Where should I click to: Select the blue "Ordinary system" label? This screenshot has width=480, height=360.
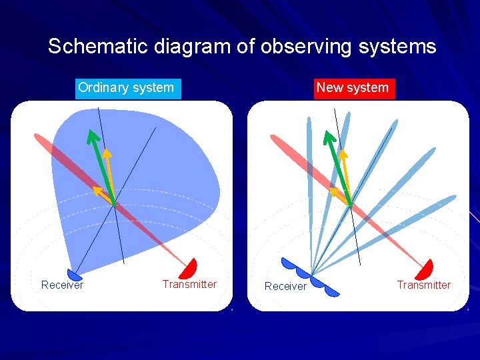tap(126, 88)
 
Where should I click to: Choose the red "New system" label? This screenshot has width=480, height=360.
tap(353, 88)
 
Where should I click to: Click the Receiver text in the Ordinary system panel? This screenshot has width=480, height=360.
tap(62, 285)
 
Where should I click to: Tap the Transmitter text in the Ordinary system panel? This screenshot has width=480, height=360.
tap(189, 285)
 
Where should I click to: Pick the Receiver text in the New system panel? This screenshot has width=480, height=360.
tap(285, 287)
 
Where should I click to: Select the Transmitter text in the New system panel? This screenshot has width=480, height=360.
tap(424, 285)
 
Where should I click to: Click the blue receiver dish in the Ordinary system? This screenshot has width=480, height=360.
tap(75, 273)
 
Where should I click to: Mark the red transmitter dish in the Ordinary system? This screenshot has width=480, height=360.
tap(189, 269)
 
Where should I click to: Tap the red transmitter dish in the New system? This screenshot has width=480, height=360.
tap(424, 270)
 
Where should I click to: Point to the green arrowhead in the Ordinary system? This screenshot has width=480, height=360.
tap(91, 137)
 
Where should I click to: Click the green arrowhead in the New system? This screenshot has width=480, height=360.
tap(327, 138)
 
